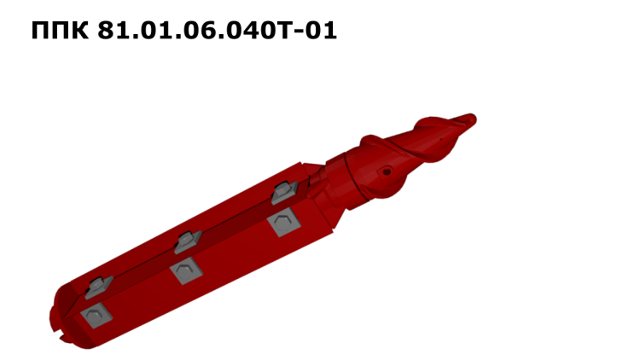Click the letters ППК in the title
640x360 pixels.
(60, 30)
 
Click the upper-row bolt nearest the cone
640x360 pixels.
(284, 192)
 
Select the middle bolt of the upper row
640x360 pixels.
(188, 241)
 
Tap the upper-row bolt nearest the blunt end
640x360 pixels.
(98, 287)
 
